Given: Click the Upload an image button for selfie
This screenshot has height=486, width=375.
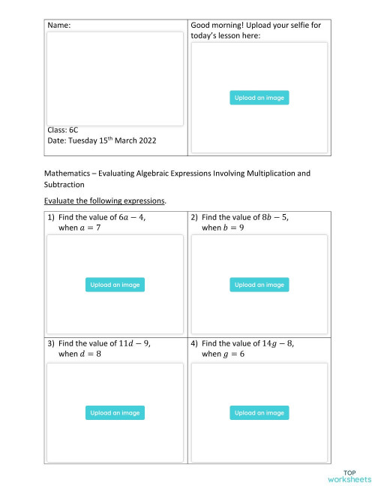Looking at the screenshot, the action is (x=259, y=98).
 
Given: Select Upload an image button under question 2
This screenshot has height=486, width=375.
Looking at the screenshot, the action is (x=259, y=285).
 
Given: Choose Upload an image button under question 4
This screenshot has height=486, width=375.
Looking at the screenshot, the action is (x=259, y=412).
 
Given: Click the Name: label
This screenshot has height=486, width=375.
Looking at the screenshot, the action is (x=59, y=26).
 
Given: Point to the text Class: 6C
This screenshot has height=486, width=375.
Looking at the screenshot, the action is (x=63, y=129).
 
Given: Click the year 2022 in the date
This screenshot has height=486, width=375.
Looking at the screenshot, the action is (x=146, y=140).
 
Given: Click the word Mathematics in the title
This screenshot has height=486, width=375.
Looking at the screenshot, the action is (x=69, y=174).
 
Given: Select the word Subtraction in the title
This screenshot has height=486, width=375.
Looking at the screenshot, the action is (x=65, y=184).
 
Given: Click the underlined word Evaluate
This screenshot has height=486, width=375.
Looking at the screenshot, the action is (x=63, y=201).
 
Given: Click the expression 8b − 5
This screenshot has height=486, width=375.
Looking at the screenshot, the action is (x=274, y=217).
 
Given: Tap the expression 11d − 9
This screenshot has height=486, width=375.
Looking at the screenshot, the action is (x=135, y=343).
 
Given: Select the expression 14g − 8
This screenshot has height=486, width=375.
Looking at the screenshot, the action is (x=278, y=343).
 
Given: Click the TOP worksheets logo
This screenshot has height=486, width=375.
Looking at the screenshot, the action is (x=349, y=475).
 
